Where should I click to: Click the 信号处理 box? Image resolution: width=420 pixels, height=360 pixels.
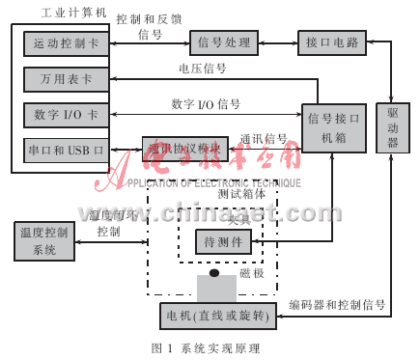[x=224, y=42]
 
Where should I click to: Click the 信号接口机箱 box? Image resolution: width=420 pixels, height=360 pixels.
[x=335, y=127]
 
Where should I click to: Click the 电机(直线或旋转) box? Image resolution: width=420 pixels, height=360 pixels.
[x=218, y=314]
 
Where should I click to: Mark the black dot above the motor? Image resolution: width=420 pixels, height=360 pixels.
[x=214, y=274]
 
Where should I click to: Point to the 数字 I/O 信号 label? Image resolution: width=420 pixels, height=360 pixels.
[x=206, y=103]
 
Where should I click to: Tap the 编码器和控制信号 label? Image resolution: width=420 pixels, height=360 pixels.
[x=338, y=304]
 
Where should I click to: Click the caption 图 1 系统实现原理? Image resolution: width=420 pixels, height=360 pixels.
[x=206, y=347]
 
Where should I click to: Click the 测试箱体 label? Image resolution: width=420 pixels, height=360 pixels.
[x=241, y=193]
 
